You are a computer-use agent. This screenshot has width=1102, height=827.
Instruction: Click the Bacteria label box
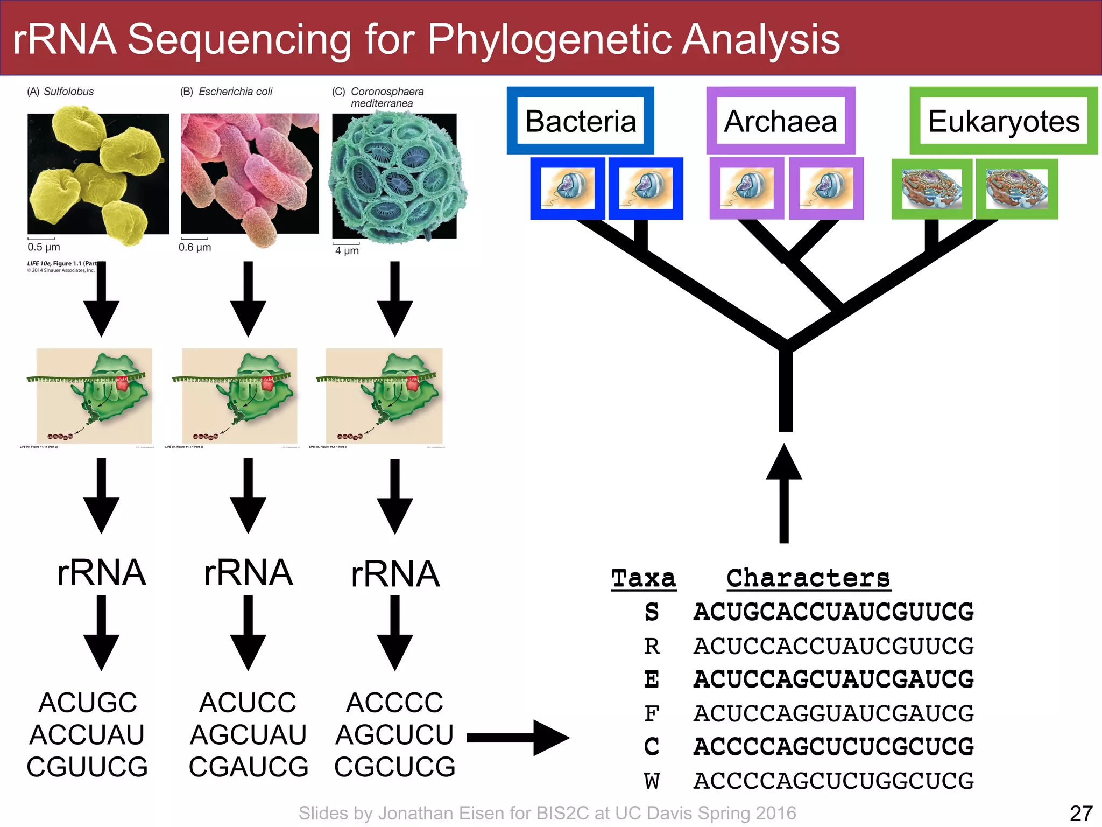(580, 121)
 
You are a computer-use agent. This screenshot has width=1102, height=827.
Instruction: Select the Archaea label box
(780, 121)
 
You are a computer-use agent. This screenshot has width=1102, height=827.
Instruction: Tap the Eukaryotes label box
(1003, 121)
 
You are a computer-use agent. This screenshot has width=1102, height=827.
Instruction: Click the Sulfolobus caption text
(68, 92)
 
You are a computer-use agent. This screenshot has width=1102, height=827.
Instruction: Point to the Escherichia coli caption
(235, 92)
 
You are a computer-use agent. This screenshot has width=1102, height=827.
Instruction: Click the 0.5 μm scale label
(44, 247)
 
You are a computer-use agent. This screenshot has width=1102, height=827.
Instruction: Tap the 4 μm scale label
(347, 250)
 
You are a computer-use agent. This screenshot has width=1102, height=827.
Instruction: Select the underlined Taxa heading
(644, 579)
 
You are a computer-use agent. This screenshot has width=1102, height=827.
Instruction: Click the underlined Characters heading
(808, 579)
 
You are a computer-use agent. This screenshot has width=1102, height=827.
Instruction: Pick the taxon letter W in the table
(652, 781)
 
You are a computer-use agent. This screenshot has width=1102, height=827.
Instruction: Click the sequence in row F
(833, 713)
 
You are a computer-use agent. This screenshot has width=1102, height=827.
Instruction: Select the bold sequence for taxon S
(833, 612)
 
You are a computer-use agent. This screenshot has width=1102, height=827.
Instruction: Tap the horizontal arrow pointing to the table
(517, 738)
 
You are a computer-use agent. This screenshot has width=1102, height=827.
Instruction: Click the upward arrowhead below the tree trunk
(784, 463)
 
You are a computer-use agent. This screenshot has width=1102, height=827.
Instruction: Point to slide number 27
(1080, 813)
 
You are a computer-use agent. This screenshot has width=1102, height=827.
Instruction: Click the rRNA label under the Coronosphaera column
(395, 574)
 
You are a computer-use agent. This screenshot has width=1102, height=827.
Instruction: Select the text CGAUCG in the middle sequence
(248, 767)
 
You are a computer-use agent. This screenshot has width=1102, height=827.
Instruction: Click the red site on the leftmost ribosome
(122, 383)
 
